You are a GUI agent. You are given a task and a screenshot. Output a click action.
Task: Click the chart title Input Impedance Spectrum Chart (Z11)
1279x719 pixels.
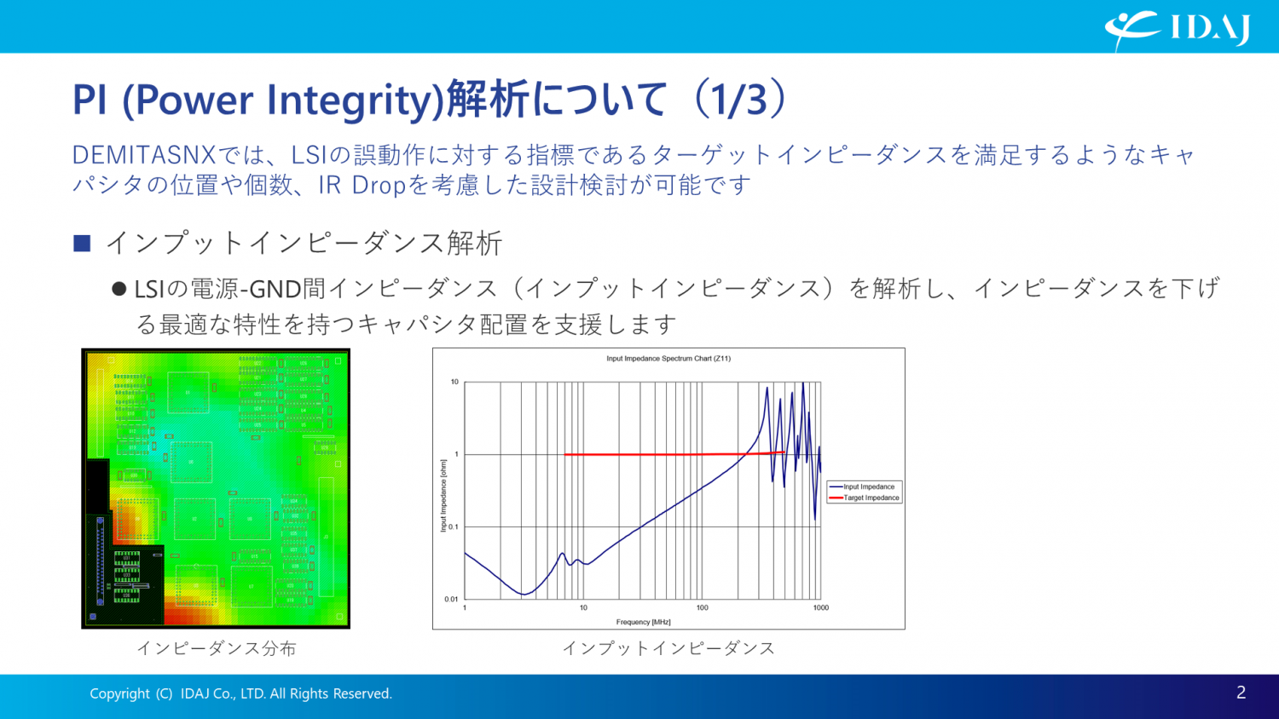point(668,359)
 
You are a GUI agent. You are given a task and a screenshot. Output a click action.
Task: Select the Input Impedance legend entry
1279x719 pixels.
point(868,486)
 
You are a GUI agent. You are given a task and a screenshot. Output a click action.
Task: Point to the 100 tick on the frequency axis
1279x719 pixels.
point(702,607)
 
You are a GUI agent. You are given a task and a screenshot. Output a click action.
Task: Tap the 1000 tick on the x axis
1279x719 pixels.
point(820,607)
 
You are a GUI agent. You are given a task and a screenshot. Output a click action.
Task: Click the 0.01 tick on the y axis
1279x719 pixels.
point(451,599)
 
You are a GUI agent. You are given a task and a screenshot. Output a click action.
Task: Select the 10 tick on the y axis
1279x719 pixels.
point(454,382)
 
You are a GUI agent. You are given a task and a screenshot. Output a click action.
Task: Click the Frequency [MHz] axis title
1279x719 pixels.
point(643,622)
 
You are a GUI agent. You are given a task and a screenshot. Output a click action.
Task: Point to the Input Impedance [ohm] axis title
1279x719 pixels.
point(443,496)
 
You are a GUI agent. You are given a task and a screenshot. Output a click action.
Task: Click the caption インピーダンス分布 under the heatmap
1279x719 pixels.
point(217,648)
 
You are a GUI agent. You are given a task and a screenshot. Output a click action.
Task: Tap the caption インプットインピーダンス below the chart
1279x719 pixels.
point(668,648)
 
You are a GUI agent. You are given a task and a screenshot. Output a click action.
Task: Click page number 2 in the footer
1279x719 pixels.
point(1241,693)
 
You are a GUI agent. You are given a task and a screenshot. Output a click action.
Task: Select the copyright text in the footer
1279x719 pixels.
point(240,693)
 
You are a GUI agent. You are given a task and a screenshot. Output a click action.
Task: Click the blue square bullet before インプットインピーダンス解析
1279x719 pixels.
point(82,244)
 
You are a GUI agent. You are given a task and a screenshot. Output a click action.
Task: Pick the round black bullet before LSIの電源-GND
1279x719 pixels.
point(119,290)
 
